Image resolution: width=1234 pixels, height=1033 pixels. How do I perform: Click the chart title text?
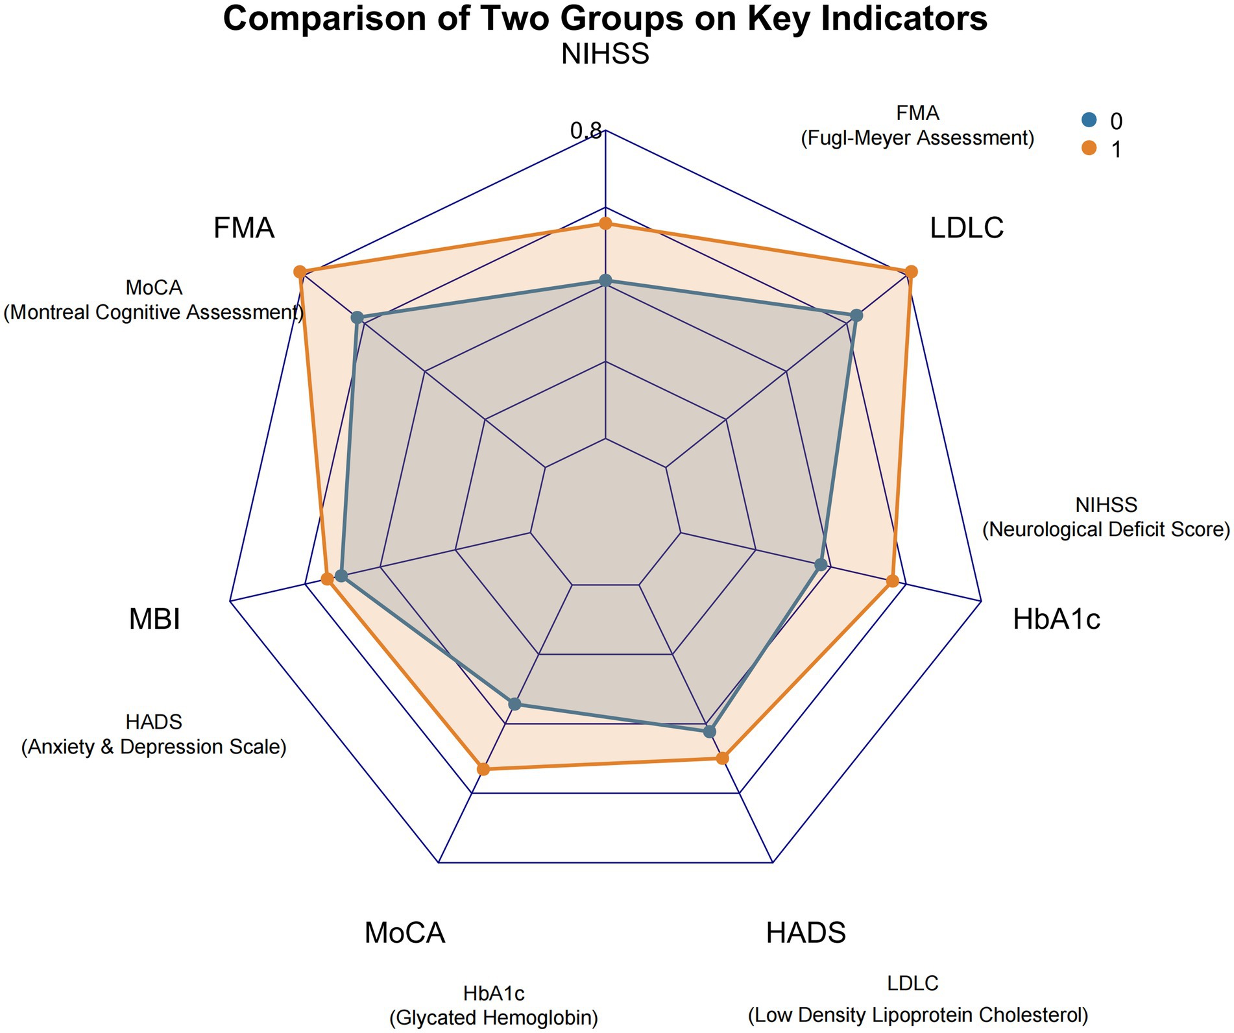tap(605, 18)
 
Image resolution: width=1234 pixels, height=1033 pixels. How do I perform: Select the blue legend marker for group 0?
tap(1089, 120)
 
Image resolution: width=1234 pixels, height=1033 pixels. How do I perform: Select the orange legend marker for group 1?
tap(1089, 149)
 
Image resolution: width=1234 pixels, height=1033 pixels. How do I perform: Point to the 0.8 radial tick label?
tap(586, 131)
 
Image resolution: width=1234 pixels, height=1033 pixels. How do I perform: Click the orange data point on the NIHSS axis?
tap(605, 224)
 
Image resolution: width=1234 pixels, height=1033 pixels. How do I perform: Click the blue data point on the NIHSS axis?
tap(605, 281)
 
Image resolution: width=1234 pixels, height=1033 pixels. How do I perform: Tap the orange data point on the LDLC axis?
tap(911, 271)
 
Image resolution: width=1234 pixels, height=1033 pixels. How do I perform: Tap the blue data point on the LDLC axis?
tap(856, 316)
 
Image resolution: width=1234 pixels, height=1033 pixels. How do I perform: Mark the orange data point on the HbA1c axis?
tap(893, 581)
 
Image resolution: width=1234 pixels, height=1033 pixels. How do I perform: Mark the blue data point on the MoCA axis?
tap(514, 703)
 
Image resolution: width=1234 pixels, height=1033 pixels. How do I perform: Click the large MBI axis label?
tap(154, 619)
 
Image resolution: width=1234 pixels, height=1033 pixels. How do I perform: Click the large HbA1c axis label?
tap(1056, 619)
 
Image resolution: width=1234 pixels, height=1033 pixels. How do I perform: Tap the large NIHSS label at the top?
tap(605, 54)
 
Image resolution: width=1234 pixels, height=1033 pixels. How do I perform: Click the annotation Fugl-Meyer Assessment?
tap(917, 138)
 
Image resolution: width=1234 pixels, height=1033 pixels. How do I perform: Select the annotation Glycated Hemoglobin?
tap(493, 1017)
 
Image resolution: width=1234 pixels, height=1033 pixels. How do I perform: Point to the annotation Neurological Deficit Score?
tap(1106, 529)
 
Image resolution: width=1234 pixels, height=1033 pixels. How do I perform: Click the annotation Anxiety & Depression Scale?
tap(154, 746)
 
